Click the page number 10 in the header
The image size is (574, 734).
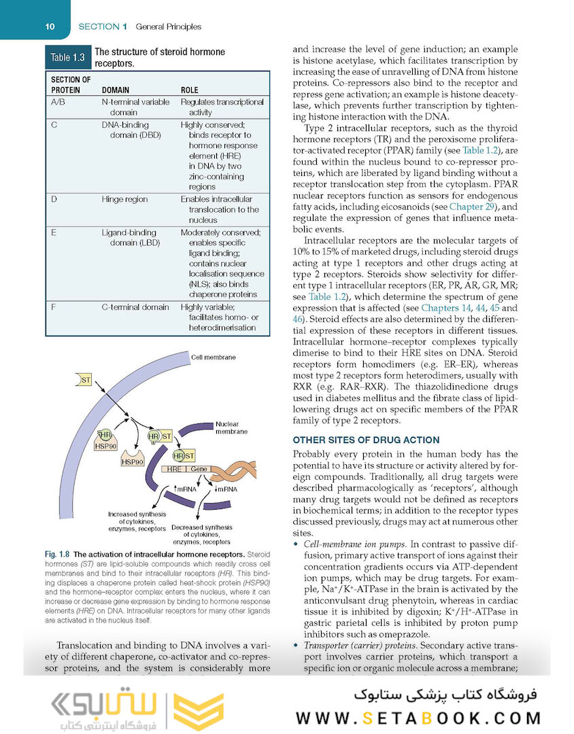point(50,27)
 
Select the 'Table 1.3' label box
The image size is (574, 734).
point(67,58)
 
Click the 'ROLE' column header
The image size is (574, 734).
point(190,90)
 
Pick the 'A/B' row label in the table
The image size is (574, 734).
point(58,102)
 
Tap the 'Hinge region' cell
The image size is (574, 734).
point(124,199)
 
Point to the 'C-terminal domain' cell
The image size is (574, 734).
point(135,307)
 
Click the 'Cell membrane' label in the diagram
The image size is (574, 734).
point(214,357)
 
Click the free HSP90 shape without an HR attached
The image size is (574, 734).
point(133,460)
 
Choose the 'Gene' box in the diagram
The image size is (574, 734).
point(199,469)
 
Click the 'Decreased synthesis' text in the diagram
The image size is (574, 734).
point(201,527)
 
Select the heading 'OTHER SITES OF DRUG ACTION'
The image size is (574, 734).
point(366,440)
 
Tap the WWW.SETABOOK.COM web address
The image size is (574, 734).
point(418,718)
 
